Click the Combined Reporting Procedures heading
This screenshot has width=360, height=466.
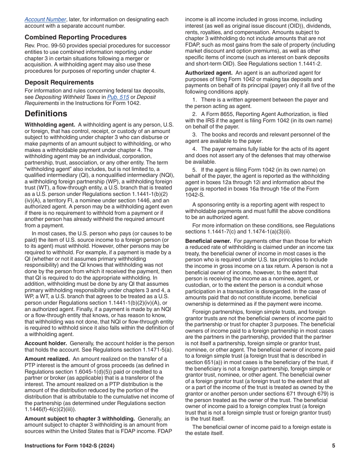pos(75,37)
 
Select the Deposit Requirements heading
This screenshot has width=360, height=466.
pos(59,82)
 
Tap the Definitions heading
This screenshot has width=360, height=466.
pos(46,114)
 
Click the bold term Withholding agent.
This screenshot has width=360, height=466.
pos(50,125)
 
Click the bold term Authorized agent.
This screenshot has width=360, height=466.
pos(208,73)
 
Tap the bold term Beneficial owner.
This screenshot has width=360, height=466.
pos(208,241)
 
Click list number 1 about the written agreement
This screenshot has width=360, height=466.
pos(194,100)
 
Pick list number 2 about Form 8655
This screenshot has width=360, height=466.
pos(194,114)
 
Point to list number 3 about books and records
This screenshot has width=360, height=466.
pos(194,134)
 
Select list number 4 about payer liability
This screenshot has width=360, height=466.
pos(194,149)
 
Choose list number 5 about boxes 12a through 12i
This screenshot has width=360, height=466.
pos(194,170)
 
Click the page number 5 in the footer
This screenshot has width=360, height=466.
pos(333,446)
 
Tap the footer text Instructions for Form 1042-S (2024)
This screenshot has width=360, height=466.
pos(69,446)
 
